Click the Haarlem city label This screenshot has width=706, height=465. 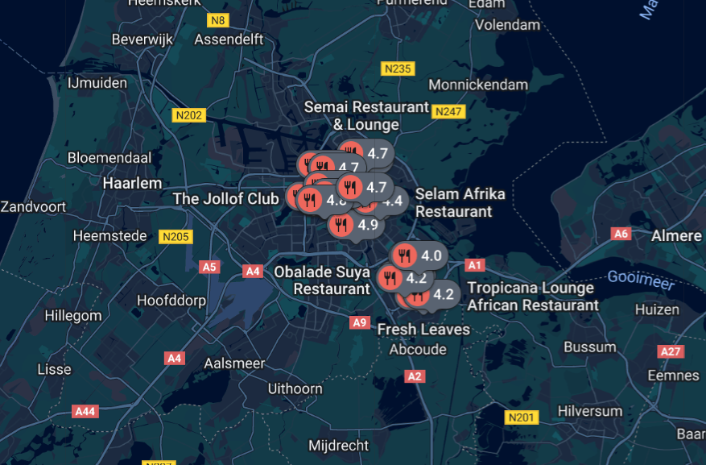[x=132, y=183]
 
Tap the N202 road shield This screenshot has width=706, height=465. [x=188, y=115]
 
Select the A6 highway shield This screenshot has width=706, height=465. [x=620, y=234]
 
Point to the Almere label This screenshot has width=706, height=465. [x=676, y=235]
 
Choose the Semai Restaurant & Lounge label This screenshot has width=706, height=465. [x=366, y=116]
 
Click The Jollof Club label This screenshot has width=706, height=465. [x=225, y=198]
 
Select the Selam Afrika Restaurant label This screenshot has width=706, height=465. [x=460, y=203]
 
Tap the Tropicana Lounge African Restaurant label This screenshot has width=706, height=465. [x=533, y=297]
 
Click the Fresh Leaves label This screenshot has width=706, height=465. [x=423, y=329]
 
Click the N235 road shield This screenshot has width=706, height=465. [x=398, y=69]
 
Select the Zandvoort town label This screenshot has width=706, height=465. [x=35, y=206]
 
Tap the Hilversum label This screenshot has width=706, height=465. [x=590, y=411]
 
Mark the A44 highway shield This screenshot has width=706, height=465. [x=85, y=411]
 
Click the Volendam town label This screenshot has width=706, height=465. [x=507, y=25]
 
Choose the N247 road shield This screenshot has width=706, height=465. [x=448, y=111]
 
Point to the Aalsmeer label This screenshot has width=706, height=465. [x=234, y=363]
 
